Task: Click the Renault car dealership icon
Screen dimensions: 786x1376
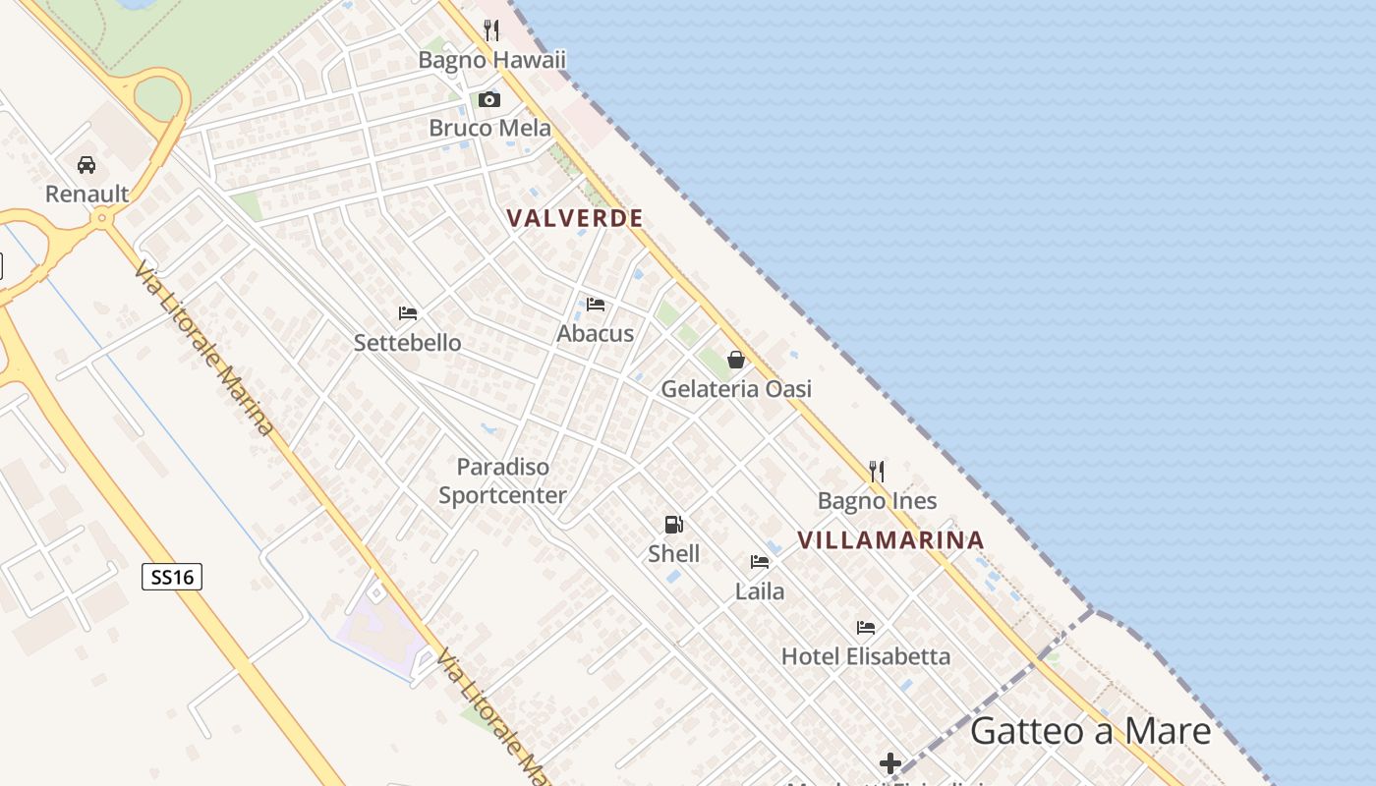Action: pos(86,165)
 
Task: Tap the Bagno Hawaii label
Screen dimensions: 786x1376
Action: pos(492,60)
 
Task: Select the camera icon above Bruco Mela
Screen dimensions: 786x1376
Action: pos(488,99)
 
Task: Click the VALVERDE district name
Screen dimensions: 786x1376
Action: pos(575,218)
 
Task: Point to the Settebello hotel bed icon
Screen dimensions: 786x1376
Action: pos(408,313)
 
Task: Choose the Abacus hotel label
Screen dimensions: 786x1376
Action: pos(596,334)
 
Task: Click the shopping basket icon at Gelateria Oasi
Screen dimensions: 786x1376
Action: pos(735,360)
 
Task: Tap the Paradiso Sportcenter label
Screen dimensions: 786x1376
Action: pos(502,481)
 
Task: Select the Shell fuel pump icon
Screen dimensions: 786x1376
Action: pos(673,525)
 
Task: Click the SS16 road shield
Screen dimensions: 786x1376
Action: pos(172,577)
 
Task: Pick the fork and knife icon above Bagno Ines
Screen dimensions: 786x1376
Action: pos(877,472)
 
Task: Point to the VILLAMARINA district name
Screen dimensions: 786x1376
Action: pos(890,540)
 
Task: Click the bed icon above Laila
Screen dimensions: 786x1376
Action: pos(760,562)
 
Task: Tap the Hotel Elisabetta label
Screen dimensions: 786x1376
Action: pos(866,656)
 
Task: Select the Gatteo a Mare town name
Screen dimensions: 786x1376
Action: pos(1091,732)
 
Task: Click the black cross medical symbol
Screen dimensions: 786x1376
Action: pos(890,763)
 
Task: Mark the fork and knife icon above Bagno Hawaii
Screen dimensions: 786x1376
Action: pos(491,30)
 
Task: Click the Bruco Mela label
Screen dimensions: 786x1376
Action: pos(489,129)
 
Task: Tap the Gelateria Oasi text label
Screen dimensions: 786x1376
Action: pos(736,389)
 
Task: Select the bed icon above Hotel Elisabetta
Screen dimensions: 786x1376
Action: pos(866,627)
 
